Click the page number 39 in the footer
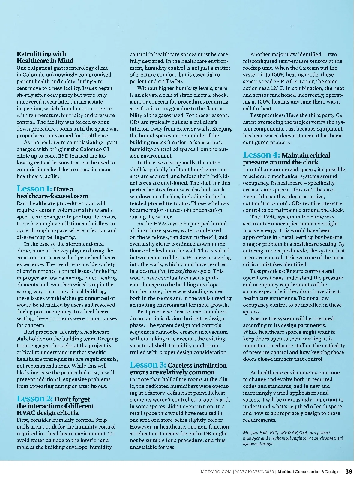pos(349,471)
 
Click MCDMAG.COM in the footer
pos(216,472)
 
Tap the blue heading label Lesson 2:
pos(35,399)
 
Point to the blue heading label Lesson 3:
pos(148,365)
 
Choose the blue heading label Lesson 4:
pos(261,155)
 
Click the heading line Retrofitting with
pos(41,54)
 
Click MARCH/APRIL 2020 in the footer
pos(254,472)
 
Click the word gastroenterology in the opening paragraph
pos(72,68)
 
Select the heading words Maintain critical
pos(306,155)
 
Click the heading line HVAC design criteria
pos(47,413)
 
